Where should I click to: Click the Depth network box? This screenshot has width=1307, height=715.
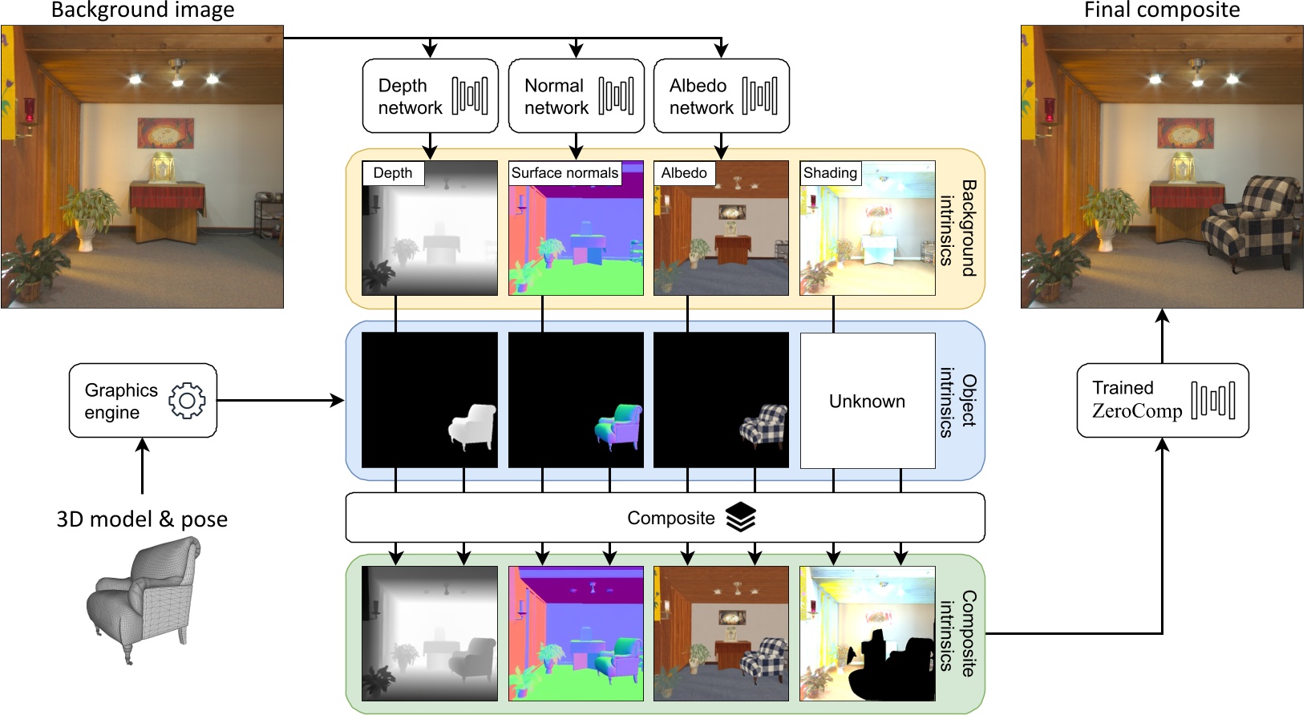(431, 95)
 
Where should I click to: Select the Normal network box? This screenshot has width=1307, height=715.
(577, 95)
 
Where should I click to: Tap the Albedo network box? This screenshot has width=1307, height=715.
(722, 95)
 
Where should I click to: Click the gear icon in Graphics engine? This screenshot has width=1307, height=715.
(187, 400)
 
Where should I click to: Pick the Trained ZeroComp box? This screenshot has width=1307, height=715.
(1162, 400)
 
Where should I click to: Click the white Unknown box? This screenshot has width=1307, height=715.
(867, 400)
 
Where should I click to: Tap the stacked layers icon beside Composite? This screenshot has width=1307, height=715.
(740, 518)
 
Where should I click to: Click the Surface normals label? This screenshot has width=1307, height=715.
(564, 173)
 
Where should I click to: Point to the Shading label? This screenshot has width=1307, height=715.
(830, 173)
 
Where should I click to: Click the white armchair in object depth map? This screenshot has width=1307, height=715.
(473, 426)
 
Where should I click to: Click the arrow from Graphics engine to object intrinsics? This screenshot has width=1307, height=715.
(281, 400)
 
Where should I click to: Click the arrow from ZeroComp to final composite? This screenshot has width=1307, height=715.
(1162, 337)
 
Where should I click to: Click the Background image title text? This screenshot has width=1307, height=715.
(143, 10)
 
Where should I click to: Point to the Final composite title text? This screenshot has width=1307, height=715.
(1161, 10)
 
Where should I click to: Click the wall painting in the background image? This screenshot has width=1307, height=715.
(165, 132)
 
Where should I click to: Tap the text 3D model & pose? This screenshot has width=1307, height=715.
(142, 519)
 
